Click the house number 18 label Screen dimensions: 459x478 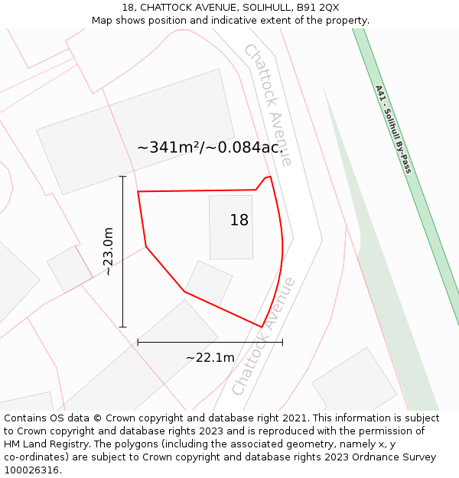click(x=239, y=220)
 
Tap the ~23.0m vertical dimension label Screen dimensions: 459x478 click(x=108, y=252)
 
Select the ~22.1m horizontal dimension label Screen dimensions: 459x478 click(x=210, y=357)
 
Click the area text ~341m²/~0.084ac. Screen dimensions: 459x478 click(x=210, y=148)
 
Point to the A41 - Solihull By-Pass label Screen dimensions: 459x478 click(x=393, y=128)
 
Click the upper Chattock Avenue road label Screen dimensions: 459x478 click(x=267, y=103)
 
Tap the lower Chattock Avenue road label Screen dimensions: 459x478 click(x=264, y=337)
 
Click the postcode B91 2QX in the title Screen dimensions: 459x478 click(x=318, y=8)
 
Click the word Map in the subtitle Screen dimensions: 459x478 click(x=103, y=20)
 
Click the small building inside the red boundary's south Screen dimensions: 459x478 click(x=209, y=284)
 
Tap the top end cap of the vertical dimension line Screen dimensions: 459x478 click(x=122, y=177)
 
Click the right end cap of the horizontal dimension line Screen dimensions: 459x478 click(x=282, y=342)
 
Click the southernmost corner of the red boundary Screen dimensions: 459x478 click(x=262, y=327)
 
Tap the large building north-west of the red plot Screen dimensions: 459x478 click(x=134, y=130)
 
